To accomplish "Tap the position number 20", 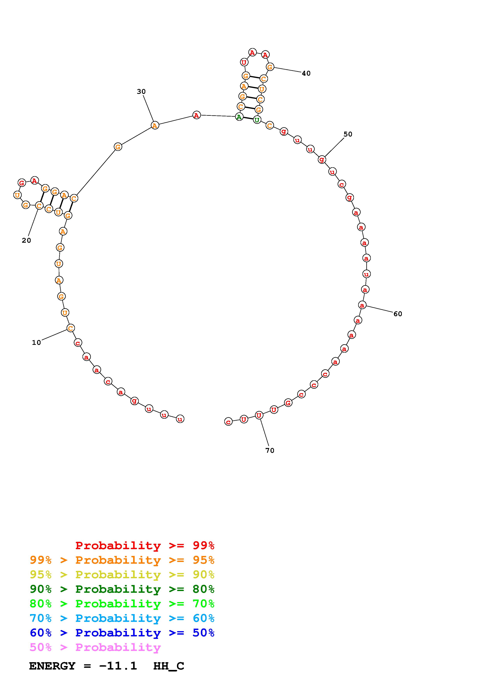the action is coord(26,241).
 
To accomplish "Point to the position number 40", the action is coord(306,73).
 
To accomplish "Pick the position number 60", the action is coord(398,314).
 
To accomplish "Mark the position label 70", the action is coord(270,450).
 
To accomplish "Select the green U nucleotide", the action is coord(257,120).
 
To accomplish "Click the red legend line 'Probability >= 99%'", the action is coord(145,545).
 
